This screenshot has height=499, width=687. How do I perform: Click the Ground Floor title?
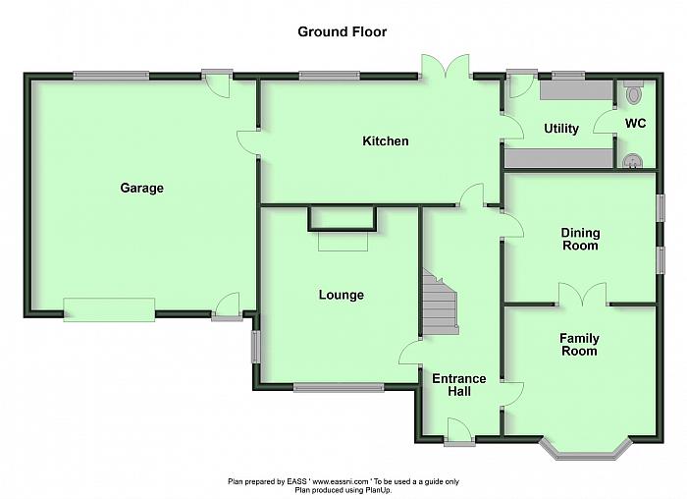click(x=343, y=32)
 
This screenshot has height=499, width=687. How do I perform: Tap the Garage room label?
click(x=142, y=189)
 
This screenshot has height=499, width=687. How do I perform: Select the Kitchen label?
click(x=386, y=141)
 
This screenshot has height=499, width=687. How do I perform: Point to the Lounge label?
click(x=342, y=295)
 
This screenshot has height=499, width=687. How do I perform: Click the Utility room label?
click(x=561, y=129)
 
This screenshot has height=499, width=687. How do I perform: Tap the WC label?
click(x=635, y=123)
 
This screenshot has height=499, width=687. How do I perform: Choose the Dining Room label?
click(x=581, y=239)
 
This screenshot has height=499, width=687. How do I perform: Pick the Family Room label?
click(x=579, y=345)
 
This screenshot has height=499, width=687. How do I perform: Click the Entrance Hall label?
click(x=459, y=385)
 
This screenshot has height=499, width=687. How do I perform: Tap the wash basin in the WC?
click(x=632, y=160)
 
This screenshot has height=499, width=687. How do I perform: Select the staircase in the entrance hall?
click(x=440, y=303)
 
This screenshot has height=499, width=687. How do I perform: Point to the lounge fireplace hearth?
click(x=343, y=241)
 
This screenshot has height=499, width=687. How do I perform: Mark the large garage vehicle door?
click(x=109, y=310)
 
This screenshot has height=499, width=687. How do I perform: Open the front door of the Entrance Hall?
click(x=458, y=431)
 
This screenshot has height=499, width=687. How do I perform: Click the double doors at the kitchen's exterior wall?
click(x=446, y=66)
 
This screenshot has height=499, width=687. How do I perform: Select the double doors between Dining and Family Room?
click(x=583, y=295)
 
